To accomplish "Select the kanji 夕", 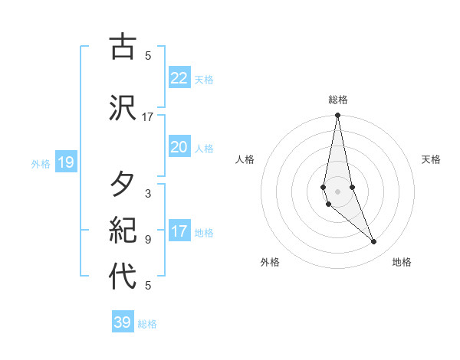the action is [123, 185].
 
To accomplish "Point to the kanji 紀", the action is [123, 231].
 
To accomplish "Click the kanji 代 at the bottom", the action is [123, 277].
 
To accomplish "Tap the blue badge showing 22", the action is [179, 77].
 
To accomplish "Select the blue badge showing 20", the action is [179, 147].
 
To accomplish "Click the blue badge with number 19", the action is [65, 162].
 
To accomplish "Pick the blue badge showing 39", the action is [123, 322].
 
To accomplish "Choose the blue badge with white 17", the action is [179, 231].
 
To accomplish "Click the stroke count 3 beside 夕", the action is [148, 194].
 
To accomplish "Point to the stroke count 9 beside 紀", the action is [148, 240].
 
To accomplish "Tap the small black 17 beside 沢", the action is [148, 117].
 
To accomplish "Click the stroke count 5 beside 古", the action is [148, 56].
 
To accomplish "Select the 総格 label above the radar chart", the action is [337, 100].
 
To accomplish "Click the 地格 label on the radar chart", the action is [402, 262].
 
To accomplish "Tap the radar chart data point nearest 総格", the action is [337, 116].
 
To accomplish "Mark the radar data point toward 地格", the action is [374, 242].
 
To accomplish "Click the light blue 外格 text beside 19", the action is [41, 163].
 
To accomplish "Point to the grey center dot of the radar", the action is [337, 191].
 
